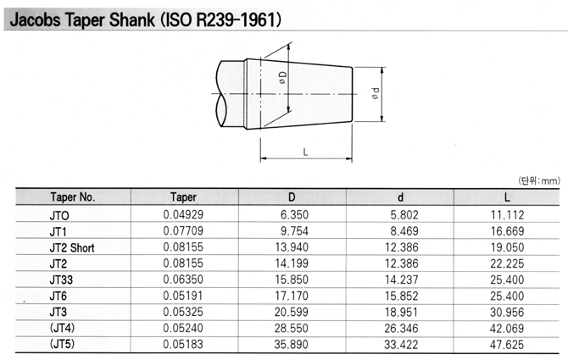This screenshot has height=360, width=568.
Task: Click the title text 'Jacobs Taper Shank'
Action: [x=82, y=19]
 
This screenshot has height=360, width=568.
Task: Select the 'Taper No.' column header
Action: [x=73, y=197]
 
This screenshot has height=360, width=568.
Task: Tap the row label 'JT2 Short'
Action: [x=72, y=248]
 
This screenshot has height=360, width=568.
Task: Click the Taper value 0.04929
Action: [x=183, y=214]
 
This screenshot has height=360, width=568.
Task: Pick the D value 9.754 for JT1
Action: [x=294, y=231]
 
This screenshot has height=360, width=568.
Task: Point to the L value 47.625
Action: [x=507, y=345]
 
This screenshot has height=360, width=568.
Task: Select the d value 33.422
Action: [x=401, y=345]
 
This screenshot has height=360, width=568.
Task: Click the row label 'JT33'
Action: [x=61, y=280]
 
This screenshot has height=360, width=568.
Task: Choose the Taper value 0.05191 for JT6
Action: [x=183, y=296]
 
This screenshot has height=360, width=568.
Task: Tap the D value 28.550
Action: [x=292, y=328]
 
